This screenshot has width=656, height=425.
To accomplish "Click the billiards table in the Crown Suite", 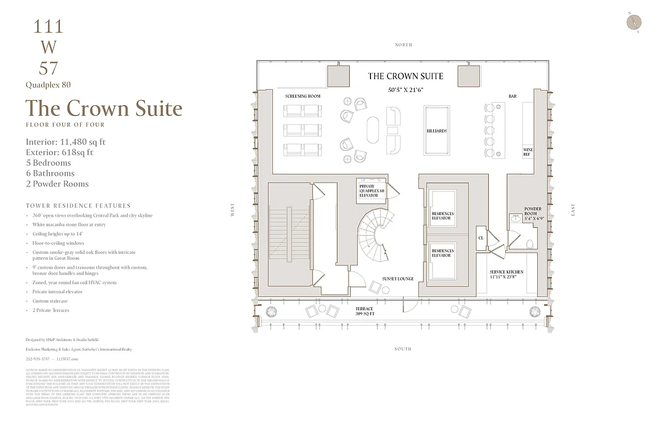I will (x=437, y=131).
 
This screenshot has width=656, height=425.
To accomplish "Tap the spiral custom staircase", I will (x=375, y=234).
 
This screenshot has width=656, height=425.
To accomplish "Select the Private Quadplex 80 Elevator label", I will (x=371, y=191).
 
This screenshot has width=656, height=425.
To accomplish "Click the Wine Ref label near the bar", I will (x=528, y=152).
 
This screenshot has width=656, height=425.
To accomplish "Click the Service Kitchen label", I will (x=506, y=272).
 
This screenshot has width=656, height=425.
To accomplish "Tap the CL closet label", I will (x=481, y=237).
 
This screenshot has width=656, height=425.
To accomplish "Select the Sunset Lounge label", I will (x=398, y=279).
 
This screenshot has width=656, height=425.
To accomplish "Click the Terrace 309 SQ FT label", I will (x=364, y=311).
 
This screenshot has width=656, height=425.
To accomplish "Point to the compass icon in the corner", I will (x=634, y=22).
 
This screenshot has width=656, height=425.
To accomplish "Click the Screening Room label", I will (x=303, y=96).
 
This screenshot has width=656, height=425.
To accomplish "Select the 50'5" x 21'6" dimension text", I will (x=405, y=90).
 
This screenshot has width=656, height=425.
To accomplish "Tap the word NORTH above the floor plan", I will (x=403, y=45).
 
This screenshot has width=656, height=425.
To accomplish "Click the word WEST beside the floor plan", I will (x=232, y=210).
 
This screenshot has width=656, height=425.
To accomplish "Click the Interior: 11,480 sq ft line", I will (x=65, y=142).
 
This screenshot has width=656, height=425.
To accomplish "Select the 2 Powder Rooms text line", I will (x=57, y=184).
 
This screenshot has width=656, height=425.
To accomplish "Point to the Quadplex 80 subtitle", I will (x=48, y=85).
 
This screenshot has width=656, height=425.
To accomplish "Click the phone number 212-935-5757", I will (x=37, y=359).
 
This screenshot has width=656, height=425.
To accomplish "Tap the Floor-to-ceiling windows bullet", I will (x=58, y=243).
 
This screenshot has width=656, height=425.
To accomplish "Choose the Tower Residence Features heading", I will (x=78, y=206).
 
